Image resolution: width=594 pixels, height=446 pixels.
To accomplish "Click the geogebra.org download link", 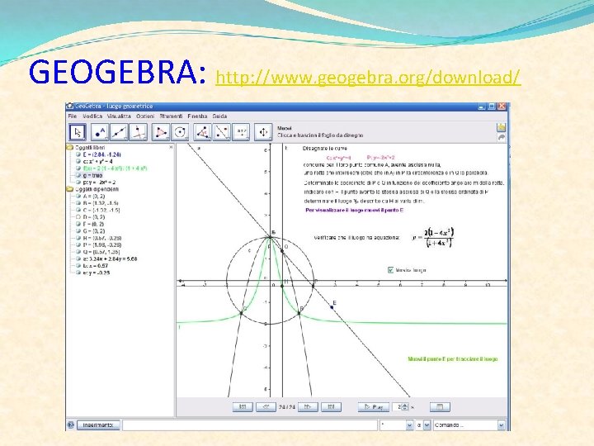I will pos(368,78).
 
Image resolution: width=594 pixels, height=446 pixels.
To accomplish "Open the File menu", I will pos(73,116).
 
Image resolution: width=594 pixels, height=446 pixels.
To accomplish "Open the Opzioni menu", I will pos(144,116).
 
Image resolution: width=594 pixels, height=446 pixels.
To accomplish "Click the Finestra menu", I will pos(198,116).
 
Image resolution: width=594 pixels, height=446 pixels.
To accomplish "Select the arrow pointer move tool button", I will pos(77,131).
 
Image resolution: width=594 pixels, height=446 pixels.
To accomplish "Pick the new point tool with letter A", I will pos(100,131).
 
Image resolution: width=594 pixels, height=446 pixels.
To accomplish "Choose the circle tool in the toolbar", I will pos(202,131).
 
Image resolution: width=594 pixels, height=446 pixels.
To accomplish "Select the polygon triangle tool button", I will pos(177,131).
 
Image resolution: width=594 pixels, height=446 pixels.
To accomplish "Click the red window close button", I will pos(502,107).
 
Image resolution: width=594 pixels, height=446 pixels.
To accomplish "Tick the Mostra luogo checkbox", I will pos(391,269).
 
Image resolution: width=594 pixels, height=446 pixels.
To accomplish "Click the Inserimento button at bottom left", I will pos(99,425).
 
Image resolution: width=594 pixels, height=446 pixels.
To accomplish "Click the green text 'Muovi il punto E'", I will pos(452,358).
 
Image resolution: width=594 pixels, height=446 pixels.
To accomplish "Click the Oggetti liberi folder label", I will pos(89,148).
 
